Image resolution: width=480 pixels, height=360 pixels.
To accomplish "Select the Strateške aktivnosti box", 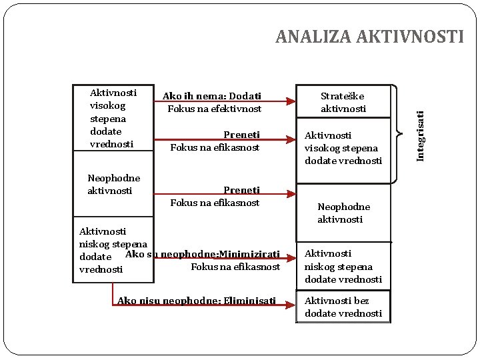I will click(343, 102).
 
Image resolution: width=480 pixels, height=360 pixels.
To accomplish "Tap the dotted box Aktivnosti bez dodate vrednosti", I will click(343, 307).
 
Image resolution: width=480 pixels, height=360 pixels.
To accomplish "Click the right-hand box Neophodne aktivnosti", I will click(343, 213).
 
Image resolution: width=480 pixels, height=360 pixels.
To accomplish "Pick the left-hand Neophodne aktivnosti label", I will click(114, 184).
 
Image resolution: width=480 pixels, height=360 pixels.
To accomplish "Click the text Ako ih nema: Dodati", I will click(212, 96).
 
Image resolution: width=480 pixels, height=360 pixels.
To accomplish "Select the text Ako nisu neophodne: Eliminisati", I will click(197, 301).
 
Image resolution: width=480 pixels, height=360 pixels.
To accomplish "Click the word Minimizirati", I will click(247, 254).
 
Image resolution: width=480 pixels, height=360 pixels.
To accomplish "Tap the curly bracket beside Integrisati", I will click(399, 133).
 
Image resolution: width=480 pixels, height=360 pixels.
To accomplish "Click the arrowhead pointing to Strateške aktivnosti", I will click(291, 102).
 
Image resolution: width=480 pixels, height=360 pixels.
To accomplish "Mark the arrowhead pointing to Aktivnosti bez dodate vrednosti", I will click(291, 307).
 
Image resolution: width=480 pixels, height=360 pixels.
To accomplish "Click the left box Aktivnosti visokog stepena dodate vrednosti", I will click(113, 118).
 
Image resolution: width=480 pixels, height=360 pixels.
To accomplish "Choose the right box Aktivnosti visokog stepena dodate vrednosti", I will click(343, 148).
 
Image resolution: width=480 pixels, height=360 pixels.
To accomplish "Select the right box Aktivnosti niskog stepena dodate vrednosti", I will click(343, 266).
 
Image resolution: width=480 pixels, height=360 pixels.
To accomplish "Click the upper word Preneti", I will click(241, 135).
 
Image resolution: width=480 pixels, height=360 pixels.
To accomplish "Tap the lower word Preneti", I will click(241, 190).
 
